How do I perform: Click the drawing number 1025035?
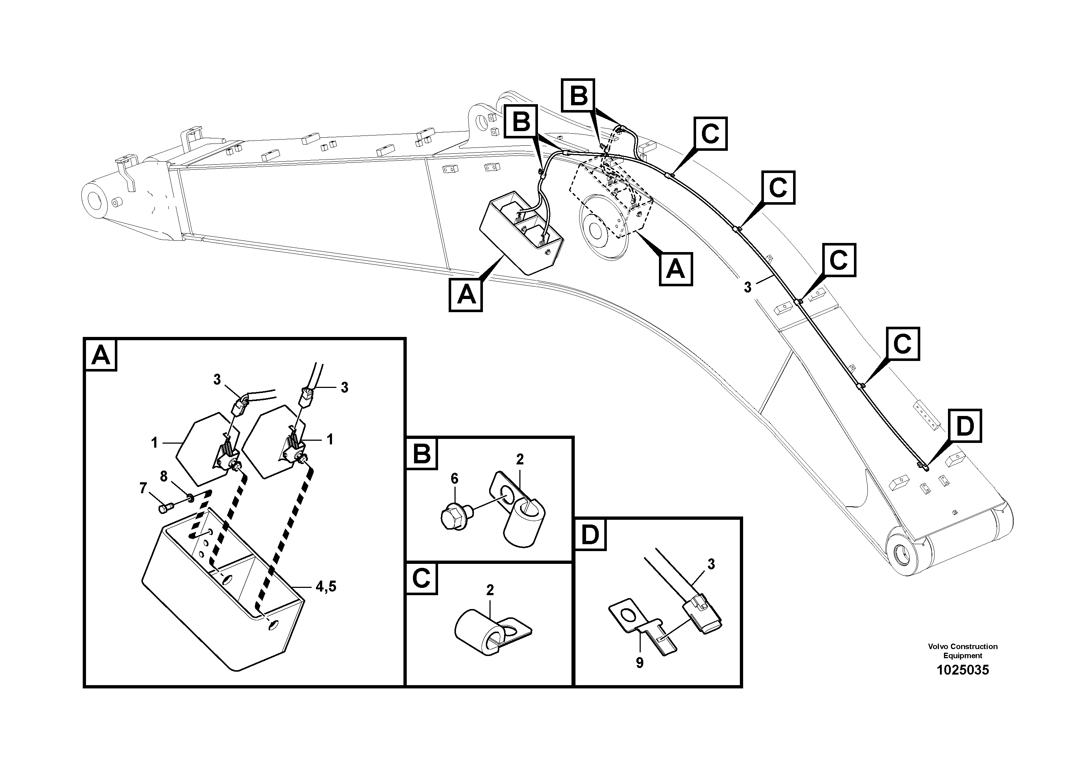click(x=963, y=670)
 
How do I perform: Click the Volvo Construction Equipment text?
click(x=963, y=651)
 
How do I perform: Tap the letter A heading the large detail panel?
click(x=101, y=355)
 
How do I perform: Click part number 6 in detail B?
click(x=454, y=478)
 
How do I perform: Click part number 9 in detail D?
click(x=639, y=663)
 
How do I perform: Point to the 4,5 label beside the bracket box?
click(x=325, y=586)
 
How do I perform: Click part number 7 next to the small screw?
click(x=144, y=488)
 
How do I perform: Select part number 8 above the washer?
click(x=164, y=476)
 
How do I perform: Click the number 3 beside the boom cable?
click(x=747, y=287)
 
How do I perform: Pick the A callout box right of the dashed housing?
click(x=676, y=269)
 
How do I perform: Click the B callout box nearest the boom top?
click(x=578, y=96)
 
